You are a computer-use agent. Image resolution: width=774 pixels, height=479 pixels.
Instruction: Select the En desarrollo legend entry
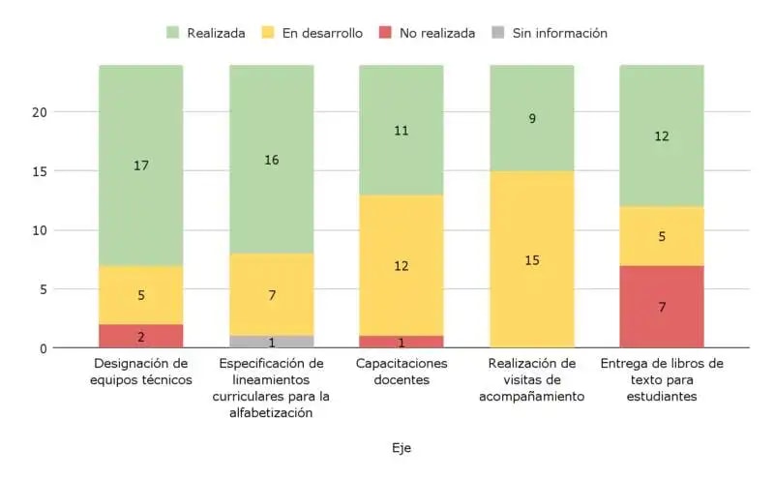pyautogui.click(x=313, y=33)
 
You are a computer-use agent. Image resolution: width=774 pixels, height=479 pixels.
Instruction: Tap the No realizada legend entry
pyautogui.click(x=426, y=33)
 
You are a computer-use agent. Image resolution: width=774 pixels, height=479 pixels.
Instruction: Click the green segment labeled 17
pyautogui.click(x=141, y=165)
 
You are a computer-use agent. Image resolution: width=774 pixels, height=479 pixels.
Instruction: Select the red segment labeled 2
pyautogui.click(x=141, y=336)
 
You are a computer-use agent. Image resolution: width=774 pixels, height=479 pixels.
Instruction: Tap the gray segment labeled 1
pyautogui.click(x=272, y=342)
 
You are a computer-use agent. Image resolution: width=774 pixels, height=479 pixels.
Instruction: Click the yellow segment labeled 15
pyautogui.click(x=532, y=259)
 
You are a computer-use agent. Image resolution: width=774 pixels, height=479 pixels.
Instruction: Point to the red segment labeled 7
pyautogui.click(x=662, y=307)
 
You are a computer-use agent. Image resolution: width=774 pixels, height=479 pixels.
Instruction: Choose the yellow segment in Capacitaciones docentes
pyautogui.click(x=402, y=265)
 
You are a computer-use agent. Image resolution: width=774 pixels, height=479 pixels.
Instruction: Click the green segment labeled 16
pyautogui.click(x=272, y=160)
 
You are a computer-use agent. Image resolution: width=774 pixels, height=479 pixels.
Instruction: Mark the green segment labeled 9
pyautogui.click(x=532, y=118)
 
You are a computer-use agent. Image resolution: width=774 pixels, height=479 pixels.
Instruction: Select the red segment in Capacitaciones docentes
pyautogui.click(x=402, y=342)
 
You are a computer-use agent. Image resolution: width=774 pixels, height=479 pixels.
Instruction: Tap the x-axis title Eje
pyautogui.click(x=402, y=448)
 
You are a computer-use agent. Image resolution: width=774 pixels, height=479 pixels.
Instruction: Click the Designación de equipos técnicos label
pyautogui.click(x=141, y=372)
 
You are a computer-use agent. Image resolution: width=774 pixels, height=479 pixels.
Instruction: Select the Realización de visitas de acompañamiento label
pyautogui.click(x=532, y=379)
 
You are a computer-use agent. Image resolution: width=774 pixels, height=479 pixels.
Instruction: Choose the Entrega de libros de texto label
pyautogui.click(x=662, y=379)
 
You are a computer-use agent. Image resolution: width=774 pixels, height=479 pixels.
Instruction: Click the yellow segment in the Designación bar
pyautogui.click(x=141, y=295)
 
